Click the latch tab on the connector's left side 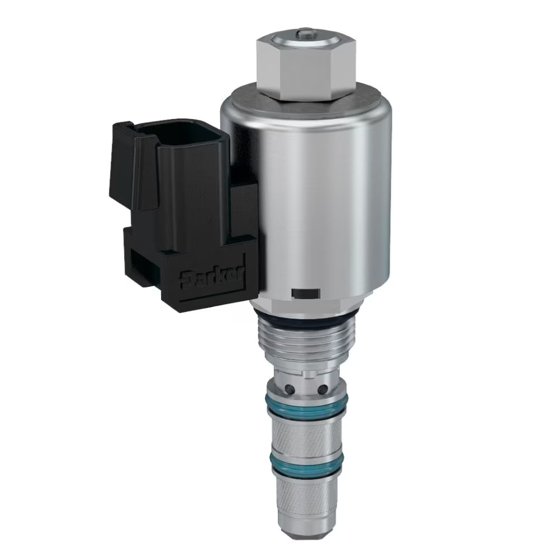coord(121,168)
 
